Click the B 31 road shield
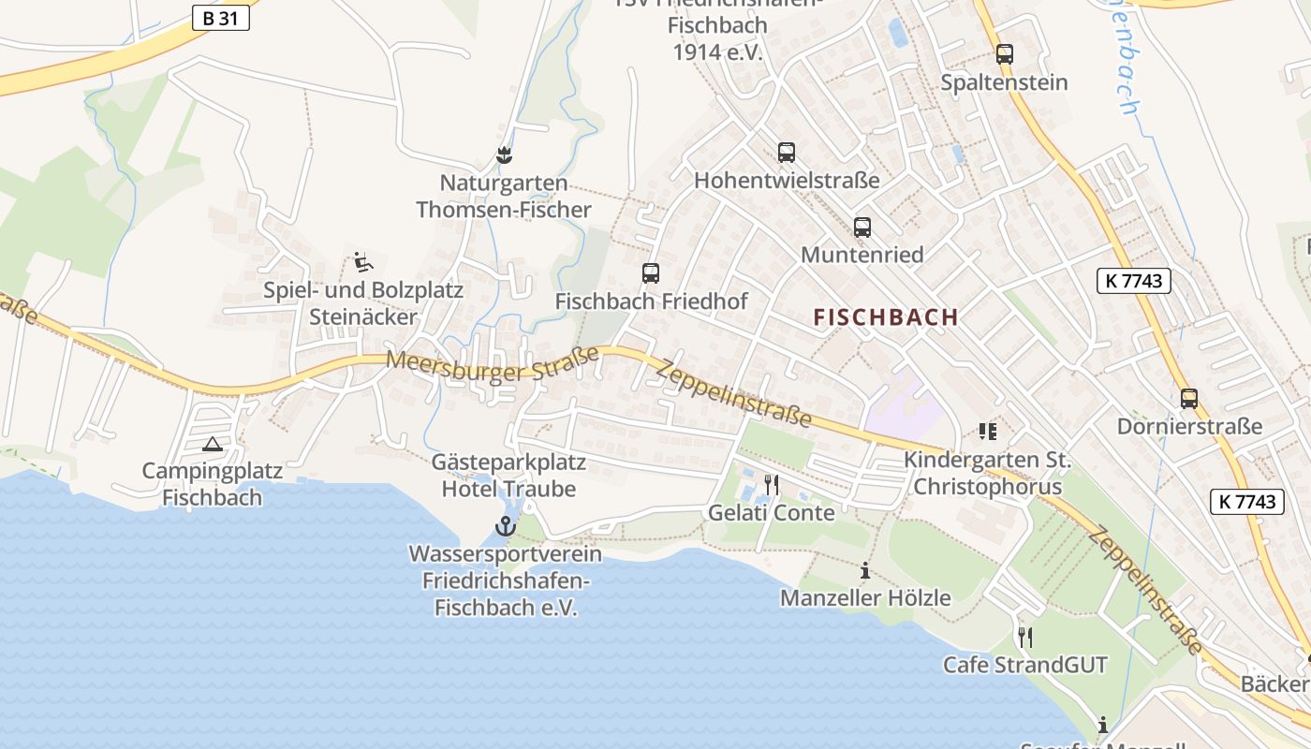pos(221,17)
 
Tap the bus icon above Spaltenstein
pos(1005,54)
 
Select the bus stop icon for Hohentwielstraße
pos(787,152)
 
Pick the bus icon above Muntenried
pos(862,227)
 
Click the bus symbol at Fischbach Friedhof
pos(651,273)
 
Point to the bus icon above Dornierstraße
pos(1189,399)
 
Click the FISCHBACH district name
pos(886,316)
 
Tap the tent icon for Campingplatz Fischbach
pos(213,444)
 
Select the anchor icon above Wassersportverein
pos(506,526)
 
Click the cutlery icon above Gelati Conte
pos(772,485)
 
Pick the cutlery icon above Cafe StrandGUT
pos(1025,638)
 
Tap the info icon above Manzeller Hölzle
pos(865,570)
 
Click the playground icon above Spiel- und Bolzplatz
pos(363,262)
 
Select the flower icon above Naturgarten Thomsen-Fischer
pos(505,154)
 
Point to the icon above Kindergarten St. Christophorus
pos(988,432)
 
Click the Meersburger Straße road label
pos(493,364)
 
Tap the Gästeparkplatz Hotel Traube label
pos(508,476)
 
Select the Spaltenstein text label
pos(1004,82)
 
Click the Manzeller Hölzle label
pos(865,597)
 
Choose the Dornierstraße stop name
pos(1189,427)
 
